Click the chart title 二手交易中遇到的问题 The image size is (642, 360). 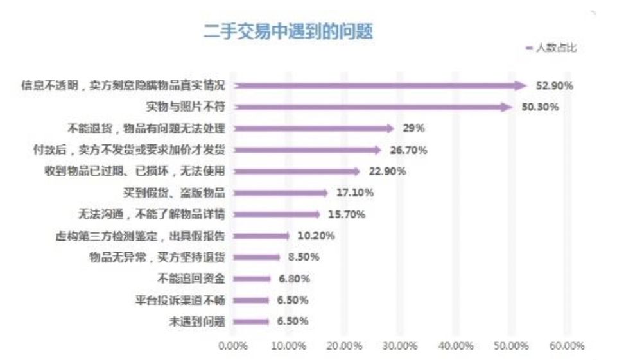pyautogui.click(x=288, y=30)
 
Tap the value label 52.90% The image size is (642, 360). pyautogui.click(x=555, y=86)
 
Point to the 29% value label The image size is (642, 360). pyautogui.click(x=413, y=128)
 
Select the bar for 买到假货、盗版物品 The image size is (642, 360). pyautogui.click(x=279, y=193)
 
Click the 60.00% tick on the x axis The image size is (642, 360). pyautogui.click(x=567, y=346)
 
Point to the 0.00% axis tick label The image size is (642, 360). pyautogui.click(x=233, y=346)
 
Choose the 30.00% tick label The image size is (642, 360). pyautogui.click(x=400, y=346)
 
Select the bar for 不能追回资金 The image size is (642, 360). pyautogui.click(x=251, y=279)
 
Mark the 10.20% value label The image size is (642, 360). pyautogui.click(x=316, y=236)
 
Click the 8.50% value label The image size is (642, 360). pyautogui.click(x=303, y=257)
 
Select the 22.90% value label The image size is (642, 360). pyautogui.click(x=387, y=171)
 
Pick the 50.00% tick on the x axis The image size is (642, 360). pyautogui.click(x=511, y=346)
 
